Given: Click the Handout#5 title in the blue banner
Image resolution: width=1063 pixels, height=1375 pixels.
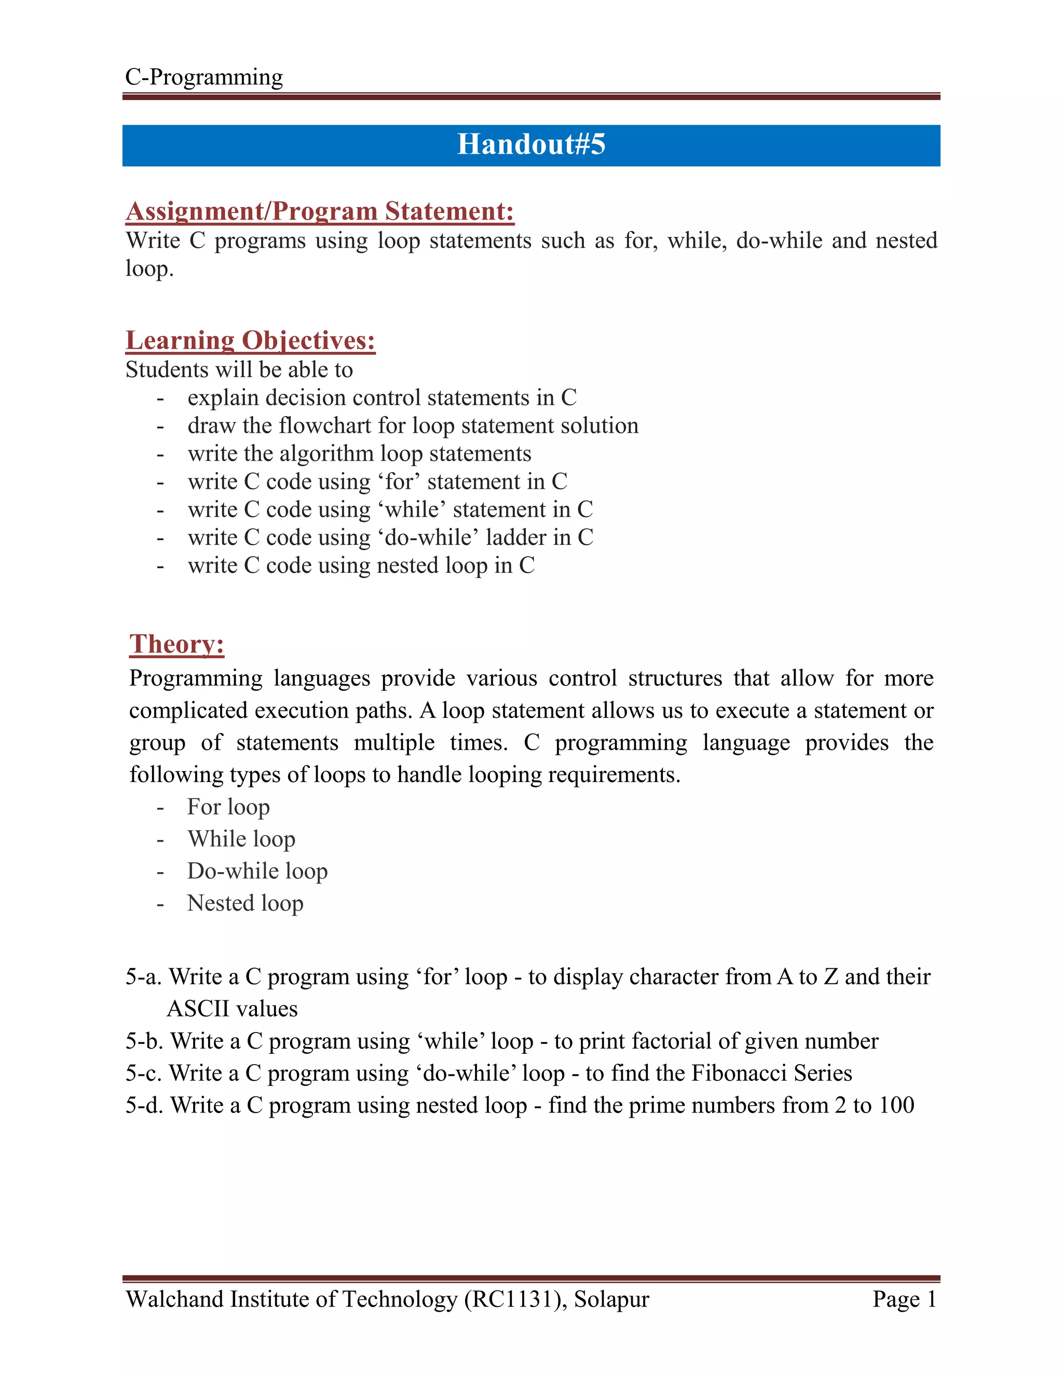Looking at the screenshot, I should (x=531, y=144).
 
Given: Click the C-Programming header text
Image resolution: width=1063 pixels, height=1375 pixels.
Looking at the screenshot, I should (x=204, y=77).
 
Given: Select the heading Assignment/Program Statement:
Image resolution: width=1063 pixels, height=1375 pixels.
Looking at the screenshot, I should (x=320, y=212).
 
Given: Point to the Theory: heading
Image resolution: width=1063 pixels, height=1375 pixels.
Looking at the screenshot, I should (x=177, y=644).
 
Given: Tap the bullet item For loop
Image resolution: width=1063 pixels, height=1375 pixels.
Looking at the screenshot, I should (x=228, y=807).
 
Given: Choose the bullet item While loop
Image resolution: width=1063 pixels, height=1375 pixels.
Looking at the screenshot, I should (x=241, y=839).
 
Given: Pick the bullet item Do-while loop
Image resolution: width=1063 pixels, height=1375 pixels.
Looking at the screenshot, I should (x=257, y=871).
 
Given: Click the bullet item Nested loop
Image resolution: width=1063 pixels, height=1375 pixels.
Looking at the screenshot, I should (x=246, y=903).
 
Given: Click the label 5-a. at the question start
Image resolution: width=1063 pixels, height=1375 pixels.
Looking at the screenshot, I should (x=144, y=977).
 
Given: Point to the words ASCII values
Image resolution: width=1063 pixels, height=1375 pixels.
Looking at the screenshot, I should (x=233, y=1009).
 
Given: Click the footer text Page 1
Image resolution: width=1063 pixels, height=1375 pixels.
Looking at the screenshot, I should (x=904, y=1299).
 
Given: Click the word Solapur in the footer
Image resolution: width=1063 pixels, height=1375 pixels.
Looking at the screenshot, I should (x=611, y=1299).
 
